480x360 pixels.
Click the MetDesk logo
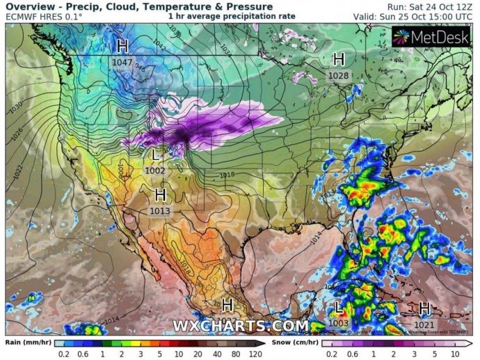(431, 36)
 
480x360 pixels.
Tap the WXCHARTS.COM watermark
(240, 326)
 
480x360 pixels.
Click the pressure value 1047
(122, 62)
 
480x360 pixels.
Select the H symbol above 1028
(339, 59)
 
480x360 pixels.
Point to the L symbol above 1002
(155, 155)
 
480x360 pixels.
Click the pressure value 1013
(160, 210)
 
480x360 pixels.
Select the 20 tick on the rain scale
(197, 354)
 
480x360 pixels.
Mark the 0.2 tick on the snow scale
(333, 354)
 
